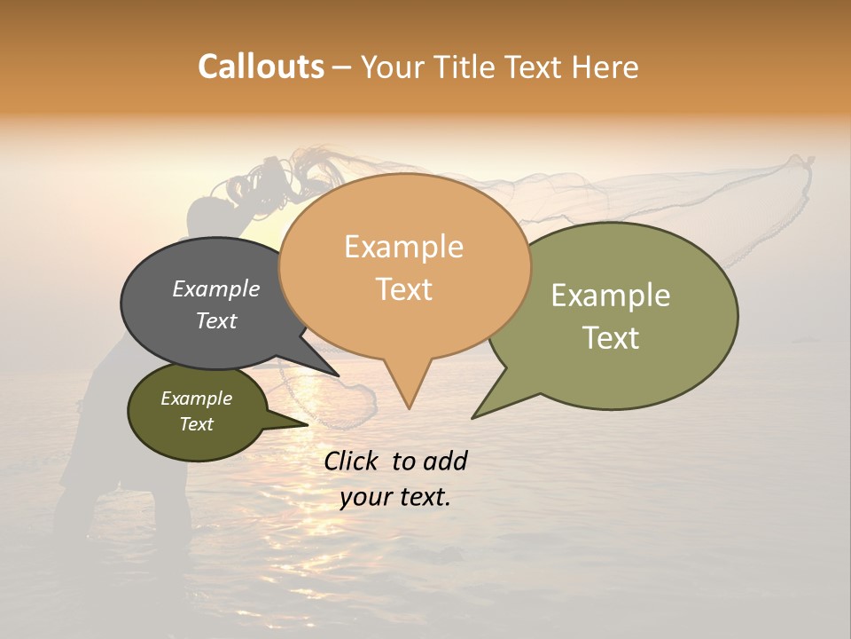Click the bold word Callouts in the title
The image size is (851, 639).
pyautogui.click(x=261, y=67)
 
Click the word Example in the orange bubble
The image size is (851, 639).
pyautogui.click(x=403, y=247)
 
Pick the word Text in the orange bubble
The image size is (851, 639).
pyautogui.click(x=403, y=289)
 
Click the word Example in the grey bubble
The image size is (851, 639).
pyautogui.click(x=215, y=288)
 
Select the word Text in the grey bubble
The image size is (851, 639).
pyautogui.click(x=215, y=320)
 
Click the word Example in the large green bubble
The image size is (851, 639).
pyautogui.click(x=611, y=296)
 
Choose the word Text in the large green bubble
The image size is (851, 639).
pyautogui.click(x=611, y=338)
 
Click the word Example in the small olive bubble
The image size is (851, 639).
pyautogui.click(x=196, y=398)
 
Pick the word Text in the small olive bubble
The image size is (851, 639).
pyautogui.click(x=196, y=424)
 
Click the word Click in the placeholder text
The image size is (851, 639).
pyautogui.click(x=352, y=461)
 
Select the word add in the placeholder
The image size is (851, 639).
pyautogui.click(x=445, y=461)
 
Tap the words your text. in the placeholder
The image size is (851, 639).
pyautogui.click(x=394, y=497)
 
